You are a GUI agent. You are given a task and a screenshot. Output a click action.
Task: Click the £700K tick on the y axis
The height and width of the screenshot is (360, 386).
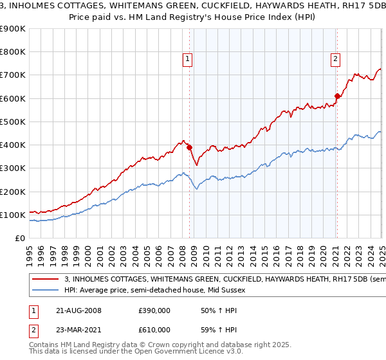pyautogui.click(x=12, y=75)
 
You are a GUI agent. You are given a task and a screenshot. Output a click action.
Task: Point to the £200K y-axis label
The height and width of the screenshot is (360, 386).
pyautogui.click(x=12, y=192)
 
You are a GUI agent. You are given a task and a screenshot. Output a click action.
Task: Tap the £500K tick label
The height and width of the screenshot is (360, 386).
pyautogui.click(x=12, y=122)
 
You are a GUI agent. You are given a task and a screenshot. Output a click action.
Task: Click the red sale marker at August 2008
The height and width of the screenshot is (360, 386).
pyautogui.click(x=190, y=147)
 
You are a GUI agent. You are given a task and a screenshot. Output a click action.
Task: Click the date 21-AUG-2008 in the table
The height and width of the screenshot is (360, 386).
pyautogui.click(x=78, y=310)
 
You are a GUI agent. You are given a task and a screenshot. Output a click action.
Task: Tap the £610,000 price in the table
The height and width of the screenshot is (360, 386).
pyautogui.click(x=154, y=329)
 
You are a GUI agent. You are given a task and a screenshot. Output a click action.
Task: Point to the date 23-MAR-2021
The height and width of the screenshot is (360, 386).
pyautogui.click(x=78, y=329)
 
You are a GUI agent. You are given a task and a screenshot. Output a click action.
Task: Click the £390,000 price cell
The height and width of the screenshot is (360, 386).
pyautogui.click(x=154, y=310)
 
